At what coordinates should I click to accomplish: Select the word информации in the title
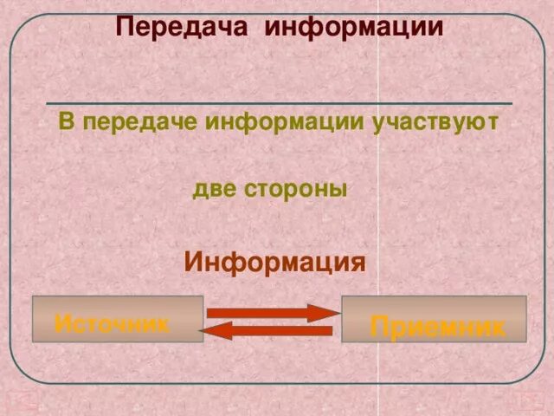(354, 27)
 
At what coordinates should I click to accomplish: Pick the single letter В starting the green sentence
(66, 121)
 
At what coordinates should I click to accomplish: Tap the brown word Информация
(275, 261)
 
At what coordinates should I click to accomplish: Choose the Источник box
(117, 319)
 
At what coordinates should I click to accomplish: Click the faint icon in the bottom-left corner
(19, 401)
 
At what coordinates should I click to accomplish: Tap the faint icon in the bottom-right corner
(525, 401)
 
